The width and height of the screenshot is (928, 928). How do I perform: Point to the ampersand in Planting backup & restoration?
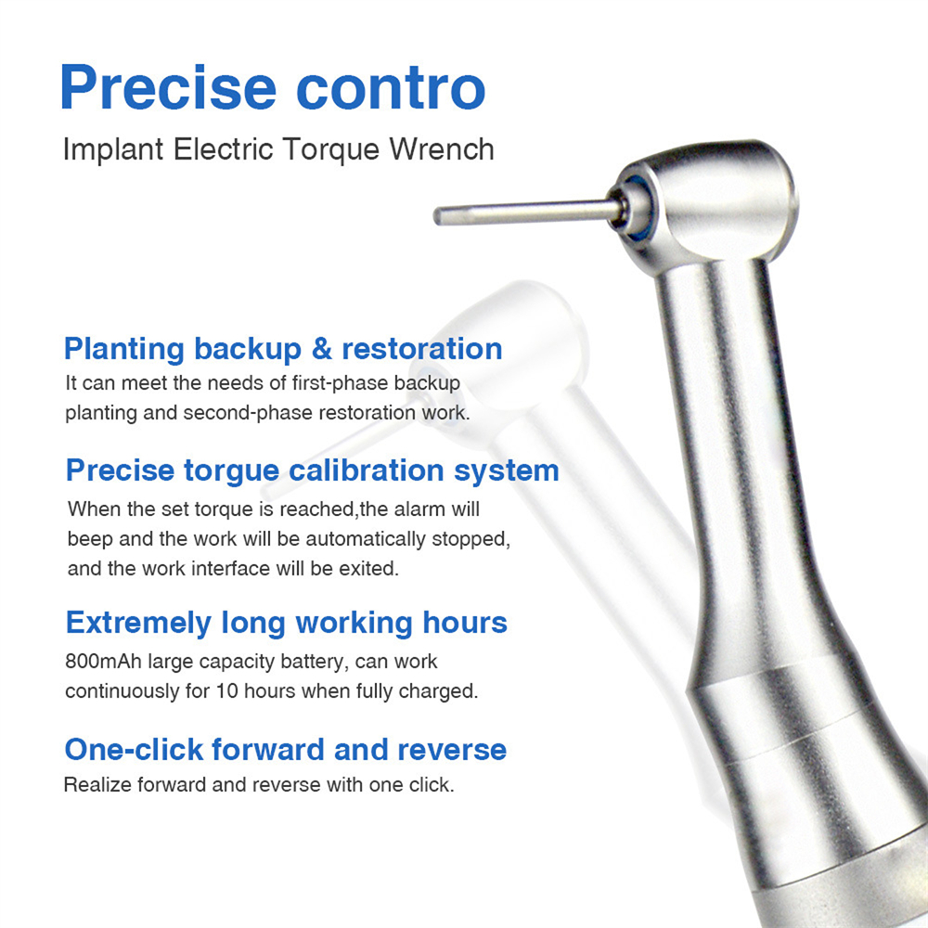pyautogui.click(x=321, y=350)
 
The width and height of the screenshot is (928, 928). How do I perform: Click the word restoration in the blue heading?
pyautogui.click(x=422, y=350)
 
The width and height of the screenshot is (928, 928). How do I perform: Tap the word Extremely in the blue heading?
pyautogui.click(x=138, y=623)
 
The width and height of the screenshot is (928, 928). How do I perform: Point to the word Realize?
pyautogui.click(x=97, y=785)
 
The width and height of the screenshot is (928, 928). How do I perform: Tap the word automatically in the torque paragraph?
pyautogui.click(x=367, y=539)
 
